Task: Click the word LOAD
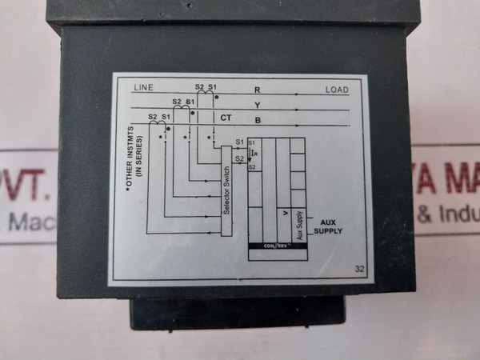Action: coord(337,90)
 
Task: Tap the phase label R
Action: coord(257,90)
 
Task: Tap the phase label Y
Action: coord(257,105)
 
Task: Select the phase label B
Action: coord(257,121)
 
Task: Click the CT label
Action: coord(226,118)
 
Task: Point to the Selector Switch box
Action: coord(226,192)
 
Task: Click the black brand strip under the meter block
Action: coord(277,246)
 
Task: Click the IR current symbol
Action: coord(254,154)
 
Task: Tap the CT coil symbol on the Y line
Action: coord(183,108)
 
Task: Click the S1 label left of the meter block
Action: coord(239,142)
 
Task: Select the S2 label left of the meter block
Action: coord(239,158)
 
